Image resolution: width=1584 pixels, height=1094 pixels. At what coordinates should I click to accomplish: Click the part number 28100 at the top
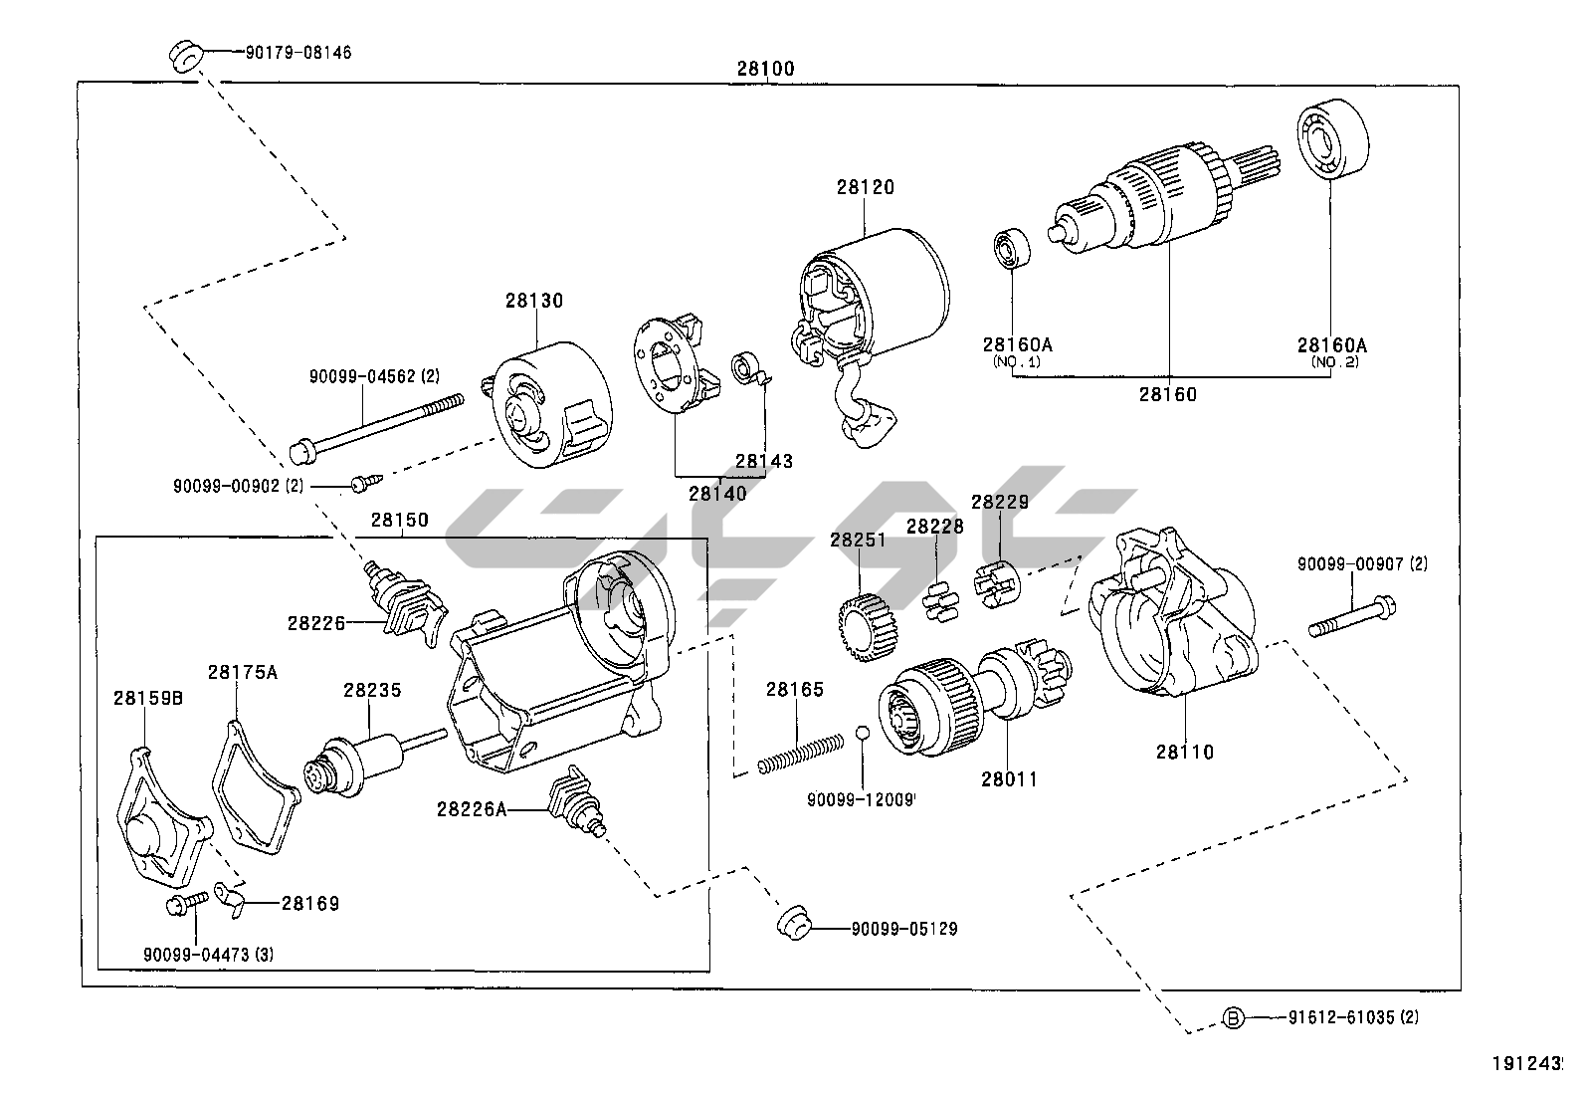pos(765,69)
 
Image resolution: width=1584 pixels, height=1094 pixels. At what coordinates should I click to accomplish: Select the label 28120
pos(865,187)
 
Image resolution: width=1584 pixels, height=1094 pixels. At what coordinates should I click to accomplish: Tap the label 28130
pos(533,301)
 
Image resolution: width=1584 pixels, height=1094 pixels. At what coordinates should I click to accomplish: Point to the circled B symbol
pos(1233,1017)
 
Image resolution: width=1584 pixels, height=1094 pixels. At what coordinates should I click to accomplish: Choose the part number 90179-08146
pos(297,52)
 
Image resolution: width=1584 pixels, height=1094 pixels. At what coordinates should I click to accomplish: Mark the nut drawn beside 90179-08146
pos(184,57)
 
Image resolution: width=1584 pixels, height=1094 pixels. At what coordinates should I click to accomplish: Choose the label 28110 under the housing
pos(1184,752)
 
